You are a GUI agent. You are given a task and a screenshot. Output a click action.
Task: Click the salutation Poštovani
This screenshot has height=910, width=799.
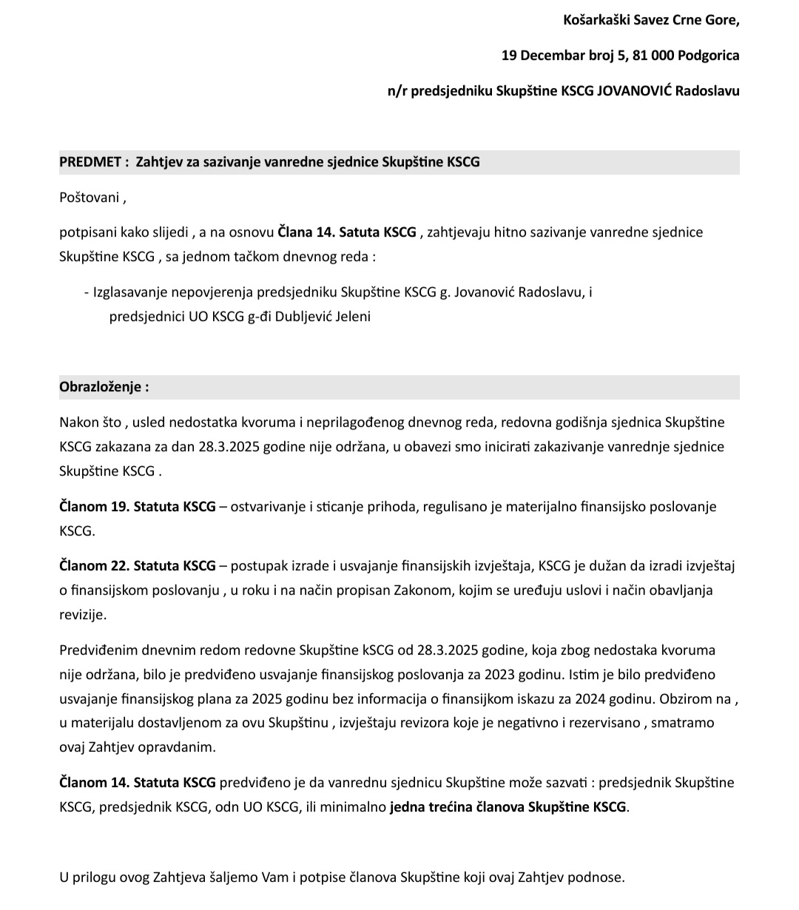pyautogui.click(x=90, y=198)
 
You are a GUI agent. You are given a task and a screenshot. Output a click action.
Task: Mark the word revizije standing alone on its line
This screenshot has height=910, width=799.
pyautogui.click(x=83, y=614)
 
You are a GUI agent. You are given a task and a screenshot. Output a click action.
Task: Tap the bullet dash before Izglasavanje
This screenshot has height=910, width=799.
pyautogui.click(x=87, y=292)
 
